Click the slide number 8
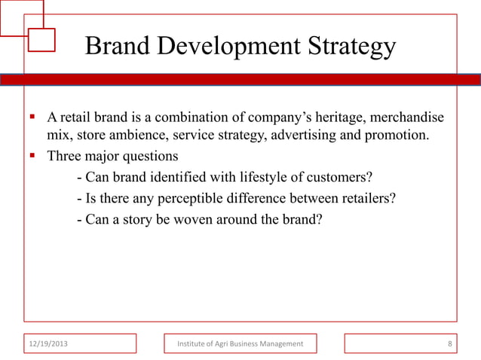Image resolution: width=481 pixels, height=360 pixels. click(x=449, y=344)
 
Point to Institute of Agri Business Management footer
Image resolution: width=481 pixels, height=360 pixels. click(x=240, y=344)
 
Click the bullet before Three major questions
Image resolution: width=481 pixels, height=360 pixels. click(x=32, y=156)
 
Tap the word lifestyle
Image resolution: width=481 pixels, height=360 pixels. click(x=255, y=178)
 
